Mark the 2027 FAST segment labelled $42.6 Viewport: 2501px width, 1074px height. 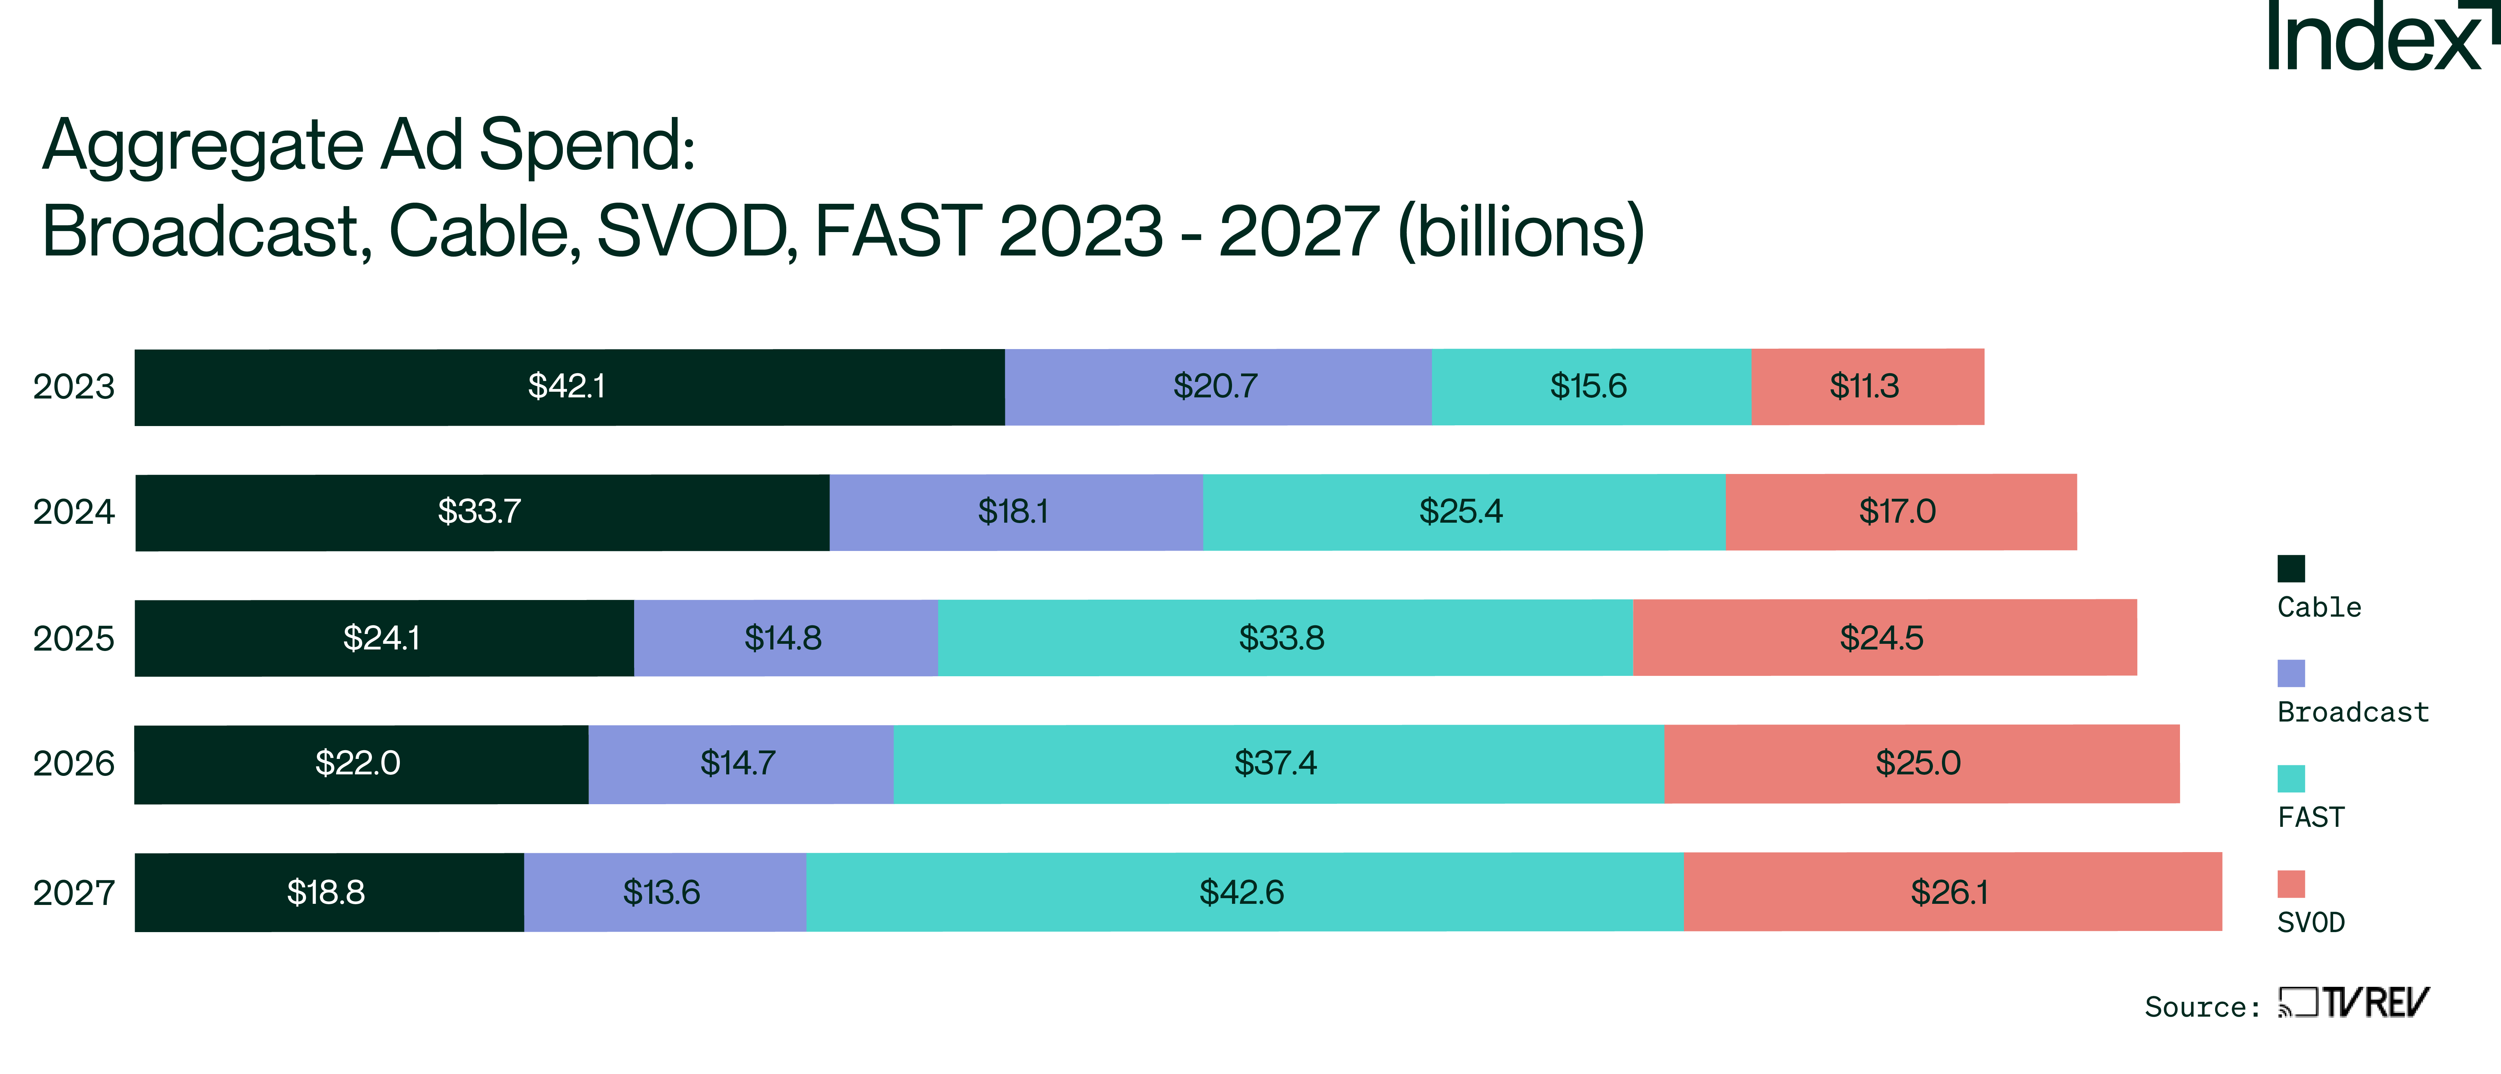1243,892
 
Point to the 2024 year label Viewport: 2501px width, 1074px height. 74,512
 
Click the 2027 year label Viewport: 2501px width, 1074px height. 74,892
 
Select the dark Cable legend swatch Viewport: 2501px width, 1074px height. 2291,568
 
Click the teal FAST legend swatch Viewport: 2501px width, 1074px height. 2291,779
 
